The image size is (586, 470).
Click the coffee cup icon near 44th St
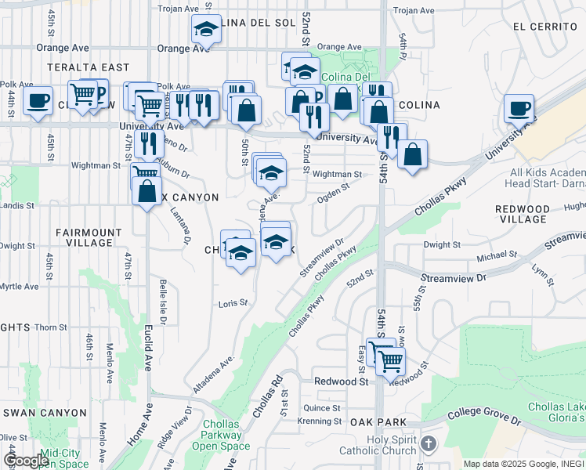37,101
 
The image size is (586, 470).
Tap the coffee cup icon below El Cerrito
519,108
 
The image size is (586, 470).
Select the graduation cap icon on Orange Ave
206,30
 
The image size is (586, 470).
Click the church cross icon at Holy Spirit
428,445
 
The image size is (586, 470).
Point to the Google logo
26,461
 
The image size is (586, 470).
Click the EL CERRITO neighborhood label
545,26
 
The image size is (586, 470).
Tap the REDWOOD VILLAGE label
523,214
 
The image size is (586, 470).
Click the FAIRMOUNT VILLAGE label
89,237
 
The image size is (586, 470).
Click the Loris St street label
233,302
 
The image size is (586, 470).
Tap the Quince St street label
322,408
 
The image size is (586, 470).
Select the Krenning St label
320,421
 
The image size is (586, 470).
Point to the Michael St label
497,254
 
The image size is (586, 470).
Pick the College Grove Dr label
484,420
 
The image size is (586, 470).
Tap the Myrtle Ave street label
19,287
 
